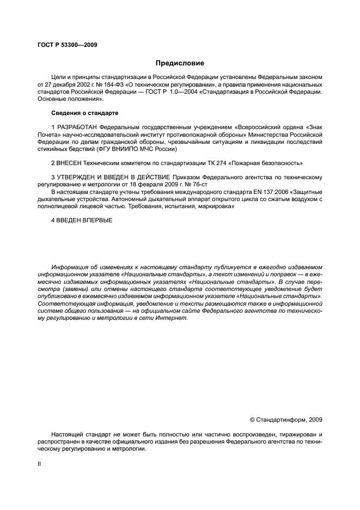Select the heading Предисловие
click(180, 63)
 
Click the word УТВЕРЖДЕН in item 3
click(78, 177)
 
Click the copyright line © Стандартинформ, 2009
click(285, 420)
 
